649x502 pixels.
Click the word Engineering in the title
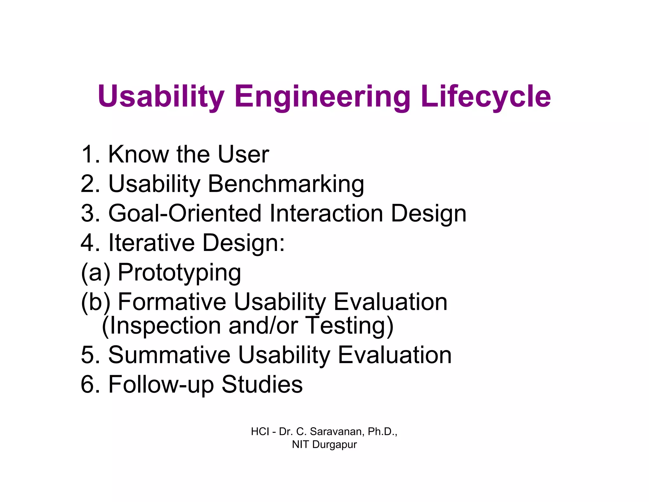[322, 97]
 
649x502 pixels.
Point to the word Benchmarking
[286, 184]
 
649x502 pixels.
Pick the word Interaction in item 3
[326, 213]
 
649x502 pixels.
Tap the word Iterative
[151, 243]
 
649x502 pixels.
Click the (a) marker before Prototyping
[96, 272]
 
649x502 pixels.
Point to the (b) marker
[96, 302]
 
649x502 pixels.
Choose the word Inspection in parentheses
[161, 326]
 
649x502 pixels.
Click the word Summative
[169, 355]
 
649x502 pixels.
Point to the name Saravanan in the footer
[337, 431]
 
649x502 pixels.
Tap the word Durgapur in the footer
[334, 445]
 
